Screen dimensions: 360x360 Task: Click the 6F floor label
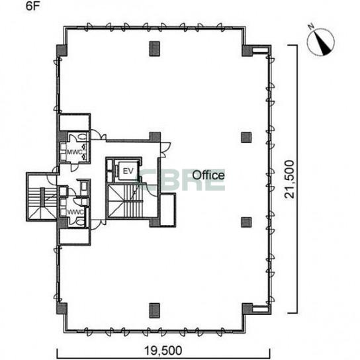click(33, 6)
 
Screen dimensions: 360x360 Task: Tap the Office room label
click(208, 175)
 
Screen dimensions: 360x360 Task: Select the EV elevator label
click(128, 171)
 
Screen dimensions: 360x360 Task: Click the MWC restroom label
click(75, 152)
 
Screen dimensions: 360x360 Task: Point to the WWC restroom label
click(75, 212)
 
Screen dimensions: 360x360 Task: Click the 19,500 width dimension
click(163, 351)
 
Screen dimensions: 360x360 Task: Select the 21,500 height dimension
click(289, 179)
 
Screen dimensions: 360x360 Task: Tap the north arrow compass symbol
click(321, 42)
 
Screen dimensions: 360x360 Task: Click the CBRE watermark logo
click(181, 181)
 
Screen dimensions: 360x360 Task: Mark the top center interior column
click(154, 49)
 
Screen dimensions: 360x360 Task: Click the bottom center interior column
click(154, 310)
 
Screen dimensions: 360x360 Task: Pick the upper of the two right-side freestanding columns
click(246, 137)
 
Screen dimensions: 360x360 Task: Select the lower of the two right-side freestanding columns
click(246, 222)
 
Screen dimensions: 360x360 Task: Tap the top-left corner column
click(62, 50)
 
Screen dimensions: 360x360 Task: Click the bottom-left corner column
click(62, 308)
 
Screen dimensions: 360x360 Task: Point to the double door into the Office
click(165, 150)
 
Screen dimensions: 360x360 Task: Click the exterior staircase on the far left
click(42, 197)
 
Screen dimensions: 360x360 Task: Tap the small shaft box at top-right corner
click(260, 50)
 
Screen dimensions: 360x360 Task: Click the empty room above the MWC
click(74, 123)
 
